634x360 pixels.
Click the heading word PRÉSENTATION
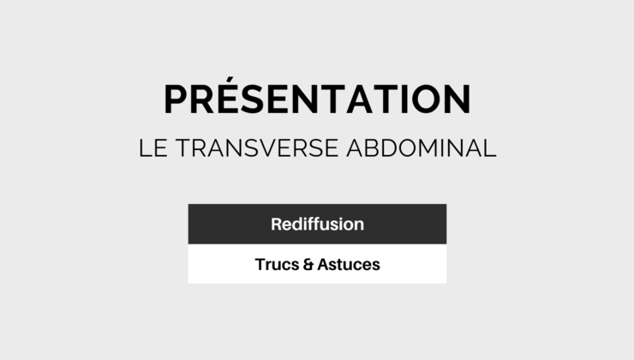317,99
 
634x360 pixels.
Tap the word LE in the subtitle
153,147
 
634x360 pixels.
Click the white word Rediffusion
317,225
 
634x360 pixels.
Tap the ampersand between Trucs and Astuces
308,265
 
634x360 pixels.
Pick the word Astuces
348,265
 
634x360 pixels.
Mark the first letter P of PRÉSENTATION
176,99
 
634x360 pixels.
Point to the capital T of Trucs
260,265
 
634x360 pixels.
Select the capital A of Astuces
323,265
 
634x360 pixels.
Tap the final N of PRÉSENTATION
455,99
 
